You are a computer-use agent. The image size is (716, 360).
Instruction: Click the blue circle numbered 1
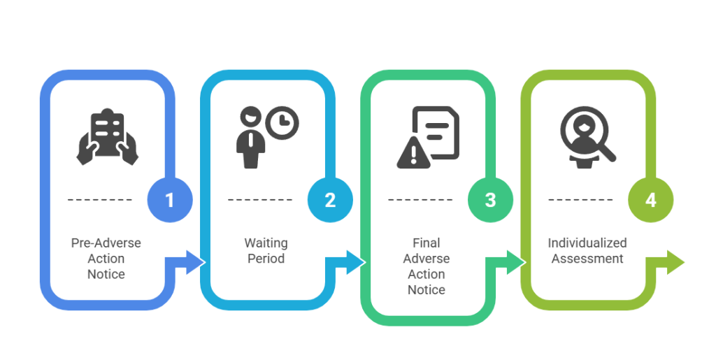pos(169,200)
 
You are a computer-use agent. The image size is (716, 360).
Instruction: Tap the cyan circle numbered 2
pos(330,200)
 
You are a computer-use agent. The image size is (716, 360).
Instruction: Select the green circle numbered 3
pos(490,200)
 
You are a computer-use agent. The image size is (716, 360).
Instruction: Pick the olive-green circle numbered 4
pos(650,200)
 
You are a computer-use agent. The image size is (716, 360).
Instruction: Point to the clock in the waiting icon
pos(282,123)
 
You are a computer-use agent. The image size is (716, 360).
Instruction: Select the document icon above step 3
pos(436,131)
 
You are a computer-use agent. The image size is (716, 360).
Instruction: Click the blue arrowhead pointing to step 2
pos(195,262)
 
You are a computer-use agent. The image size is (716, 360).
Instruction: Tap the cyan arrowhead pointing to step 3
pos(355,262)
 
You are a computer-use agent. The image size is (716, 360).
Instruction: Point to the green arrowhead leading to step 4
pos(515,262)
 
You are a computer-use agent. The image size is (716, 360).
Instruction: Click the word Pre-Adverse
pos(106,243)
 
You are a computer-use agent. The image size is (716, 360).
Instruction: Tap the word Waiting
pos(266,243)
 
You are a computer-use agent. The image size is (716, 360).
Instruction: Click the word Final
pos(426,243)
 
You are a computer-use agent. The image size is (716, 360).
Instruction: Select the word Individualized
pos(587,243)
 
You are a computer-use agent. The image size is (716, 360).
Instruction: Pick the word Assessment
pos(587,258)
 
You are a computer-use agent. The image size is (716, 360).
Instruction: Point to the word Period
pos(266,258)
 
